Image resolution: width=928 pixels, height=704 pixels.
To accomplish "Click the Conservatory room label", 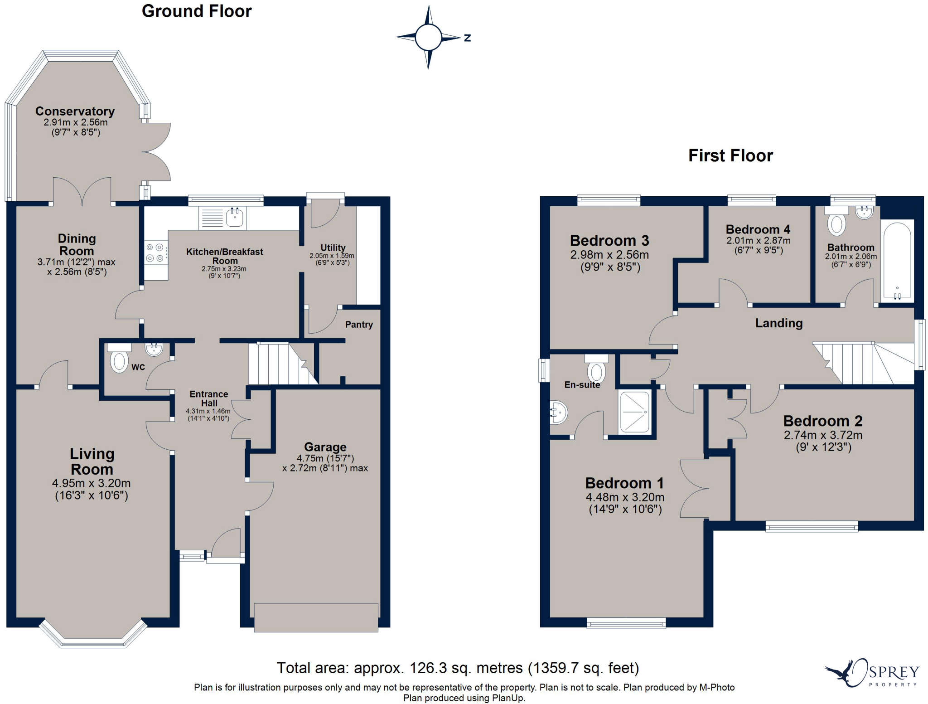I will [x=75, y=111].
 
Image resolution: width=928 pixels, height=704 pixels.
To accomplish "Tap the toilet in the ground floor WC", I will [x=119, y=360].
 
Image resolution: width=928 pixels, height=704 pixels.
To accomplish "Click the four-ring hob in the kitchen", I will [x=155, y=253].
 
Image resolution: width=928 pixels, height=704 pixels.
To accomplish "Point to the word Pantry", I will [x=358, y=325].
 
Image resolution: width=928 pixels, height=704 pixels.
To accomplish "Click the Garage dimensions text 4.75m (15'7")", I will [x=325, y=458].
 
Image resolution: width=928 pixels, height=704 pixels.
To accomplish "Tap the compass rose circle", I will [x=428, y=37].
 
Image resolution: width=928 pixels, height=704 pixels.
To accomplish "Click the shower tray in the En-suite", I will [x=634, y=412].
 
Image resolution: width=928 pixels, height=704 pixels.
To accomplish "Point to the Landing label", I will [x=778, y=323].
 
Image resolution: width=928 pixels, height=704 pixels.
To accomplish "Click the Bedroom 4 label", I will [x=758, y=229].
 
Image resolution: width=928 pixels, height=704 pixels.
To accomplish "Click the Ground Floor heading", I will [x=196, y=11].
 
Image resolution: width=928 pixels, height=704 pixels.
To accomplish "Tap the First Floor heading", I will [x=730, y=155].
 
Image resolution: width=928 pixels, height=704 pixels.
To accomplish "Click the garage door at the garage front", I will [x=316, y=617].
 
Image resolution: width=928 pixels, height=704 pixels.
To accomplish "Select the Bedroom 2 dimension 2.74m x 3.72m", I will [x=823, y=435].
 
